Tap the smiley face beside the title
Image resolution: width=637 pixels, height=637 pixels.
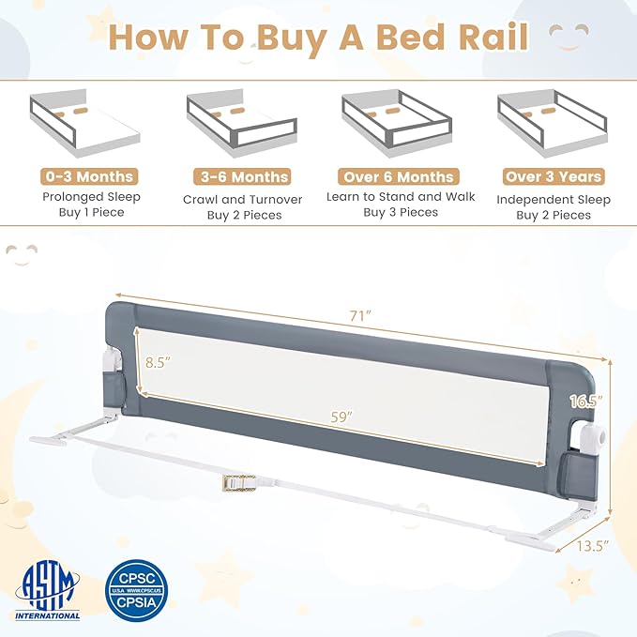tap(569, 38)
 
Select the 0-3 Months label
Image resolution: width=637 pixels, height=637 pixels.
tap(88, 176)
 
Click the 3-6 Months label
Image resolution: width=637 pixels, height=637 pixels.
tap(241, 176)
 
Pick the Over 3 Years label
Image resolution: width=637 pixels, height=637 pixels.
tap(554, 176)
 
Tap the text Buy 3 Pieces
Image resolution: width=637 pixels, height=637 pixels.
tap(401, 213)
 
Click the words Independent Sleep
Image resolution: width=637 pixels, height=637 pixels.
tap(554, 199)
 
